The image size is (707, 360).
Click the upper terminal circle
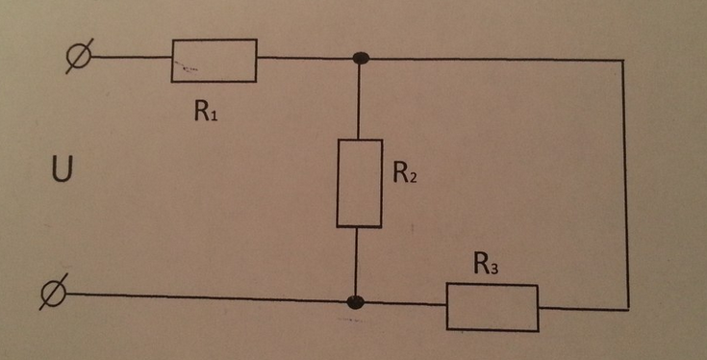pyautogui.click(x=75, y=57)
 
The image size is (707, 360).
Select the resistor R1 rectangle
pyautogui.click(x=215, y=60)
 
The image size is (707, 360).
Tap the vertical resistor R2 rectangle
pyautogui.click(x=358, y=183)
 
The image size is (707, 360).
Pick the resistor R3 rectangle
pyautogui.click(x=492, y=307)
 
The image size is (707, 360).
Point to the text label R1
pyautogui.click(x=206, y=111)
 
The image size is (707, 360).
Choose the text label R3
pyautogui.click(x=488, y=264)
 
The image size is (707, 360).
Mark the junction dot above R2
pyautogui.click(x=360, y=59)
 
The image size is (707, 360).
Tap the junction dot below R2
pyautogui.click(x=357, y=302)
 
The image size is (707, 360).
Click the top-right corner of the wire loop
pyautogui.click(x=626, y=60)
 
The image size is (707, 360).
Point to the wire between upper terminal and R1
pyautogui.click(x=130, y=57)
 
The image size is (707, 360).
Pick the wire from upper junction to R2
pyautogui.click(x=359, y=101)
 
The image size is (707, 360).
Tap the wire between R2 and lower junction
pyautogui.click(x=357, y=262)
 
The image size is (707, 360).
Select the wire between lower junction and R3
pyautogui.click(x=404, y=304)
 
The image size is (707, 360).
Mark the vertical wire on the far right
pyautogui.click(x=627, y=183)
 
